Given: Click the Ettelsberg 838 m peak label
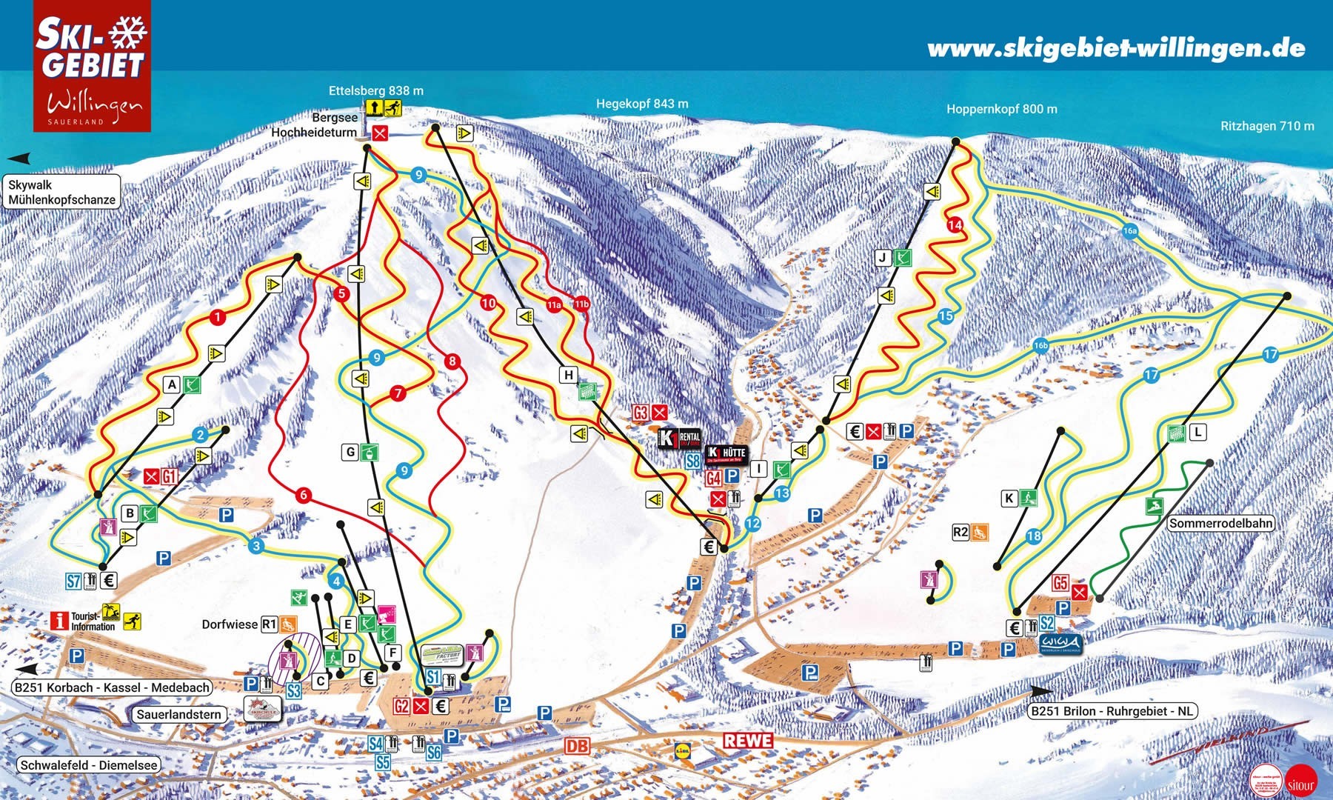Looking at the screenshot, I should click(x=376, y=90).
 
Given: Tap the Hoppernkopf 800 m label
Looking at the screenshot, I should click(x=1001, y=109).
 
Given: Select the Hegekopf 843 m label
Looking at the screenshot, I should click(x=642, y=104).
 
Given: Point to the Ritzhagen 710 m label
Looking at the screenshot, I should click(x=1267, y=126).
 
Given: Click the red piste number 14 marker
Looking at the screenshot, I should click(x=955, y=224).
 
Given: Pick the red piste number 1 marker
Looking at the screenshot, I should click(x=217, y=317).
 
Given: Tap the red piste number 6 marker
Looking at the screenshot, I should click(x=302, y=495).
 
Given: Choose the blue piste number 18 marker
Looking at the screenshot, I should click(x=1034, y=536).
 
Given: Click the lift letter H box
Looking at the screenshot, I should click(x=569, y=375).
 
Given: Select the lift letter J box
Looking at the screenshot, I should click(x=882, y=258).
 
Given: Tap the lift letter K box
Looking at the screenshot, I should click(x=1009, y=499).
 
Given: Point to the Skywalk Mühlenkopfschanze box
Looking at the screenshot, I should click(x=62, y=192).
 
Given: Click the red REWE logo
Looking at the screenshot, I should click(x=748, y=740).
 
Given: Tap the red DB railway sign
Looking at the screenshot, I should click(x=578, y=745).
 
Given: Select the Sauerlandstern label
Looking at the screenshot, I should click(x=179, y=714).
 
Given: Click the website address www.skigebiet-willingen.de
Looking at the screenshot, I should click(x=1116, y=49).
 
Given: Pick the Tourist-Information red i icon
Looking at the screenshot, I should click(x=60, y=620).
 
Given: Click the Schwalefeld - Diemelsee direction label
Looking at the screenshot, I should click(x=89, y=765).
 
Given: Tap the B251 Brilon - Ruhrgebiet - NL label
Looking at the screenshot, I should click(x=1112, y=711).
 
